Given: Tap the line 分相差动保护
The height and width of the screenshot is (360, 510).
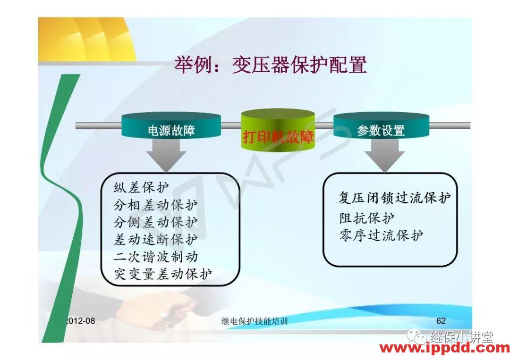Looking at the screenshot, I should [155, 206].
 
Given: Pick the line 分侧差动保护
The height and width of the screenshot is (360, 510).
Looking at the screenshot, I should [155, 223].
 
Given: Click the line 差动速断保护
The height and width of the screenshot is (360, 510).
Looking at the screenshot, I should [155, 240].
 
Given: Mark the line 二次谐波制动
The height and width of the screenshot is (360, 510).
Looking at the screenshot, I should [155, 257].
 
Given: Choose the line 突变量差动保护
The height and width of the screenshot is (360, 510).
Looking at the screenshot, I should [163, 274].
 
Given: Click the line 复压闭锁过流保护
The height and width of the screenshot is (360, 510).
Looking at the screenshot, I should [394, 198].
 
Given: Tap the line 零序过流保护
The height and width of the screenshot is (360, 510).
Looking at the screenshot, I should [381, 235].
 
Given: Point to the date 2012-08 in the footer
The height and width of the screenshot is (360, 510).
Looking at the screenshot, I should [80, 321].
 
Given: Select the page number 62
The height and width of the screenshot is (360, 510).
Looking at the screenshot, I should [441, 321].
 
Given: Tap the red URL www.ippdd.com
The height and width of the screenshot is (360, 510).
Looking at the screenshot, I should [444, 349].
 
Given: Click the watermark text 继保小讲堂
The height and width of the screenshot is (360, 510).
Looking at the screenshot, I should [461, 337].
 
